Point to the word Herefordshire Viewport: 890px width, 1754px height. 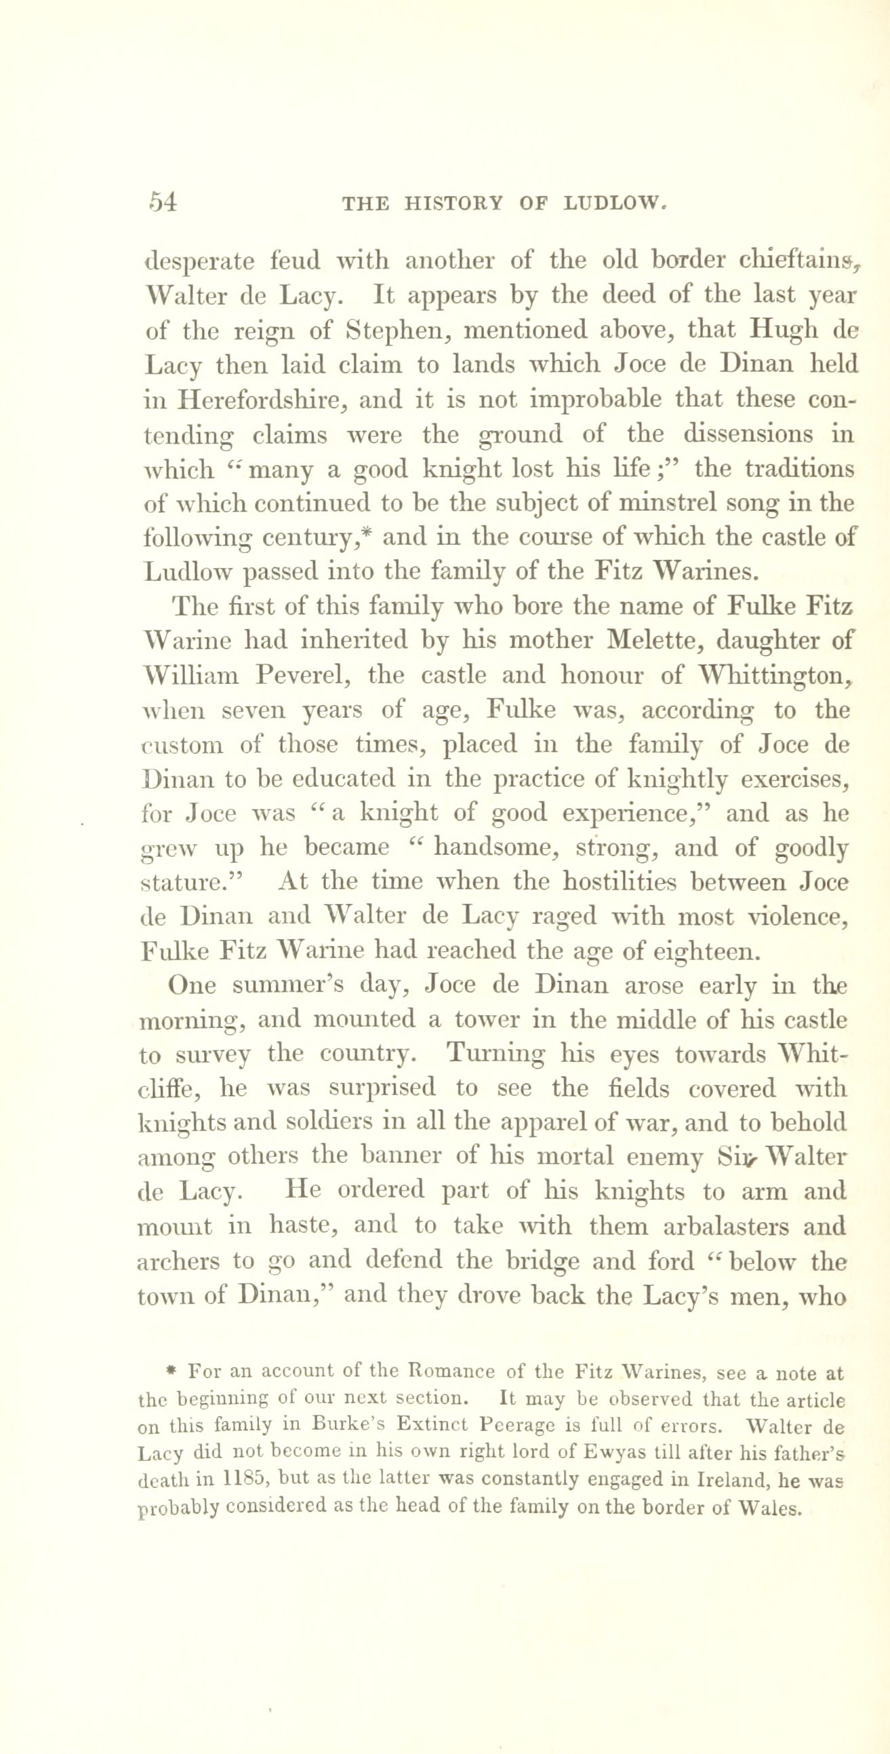click(262, 400)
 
